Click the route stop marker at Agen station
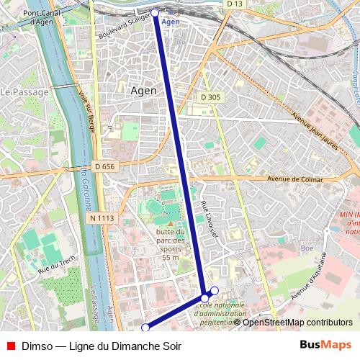pyautogui.click(x=155, y=12)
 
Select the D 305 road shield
pyautogui.click(x=210, y=97)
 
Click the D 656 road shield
pyautogui.click(x=104, y=166)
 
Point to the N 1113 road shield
pyautogui.click(x=102, y=217)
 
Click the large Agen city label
pyautogui.click(x=148, y=91)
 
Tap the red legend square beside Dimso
pyautogui.click(x=10, y=346)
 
